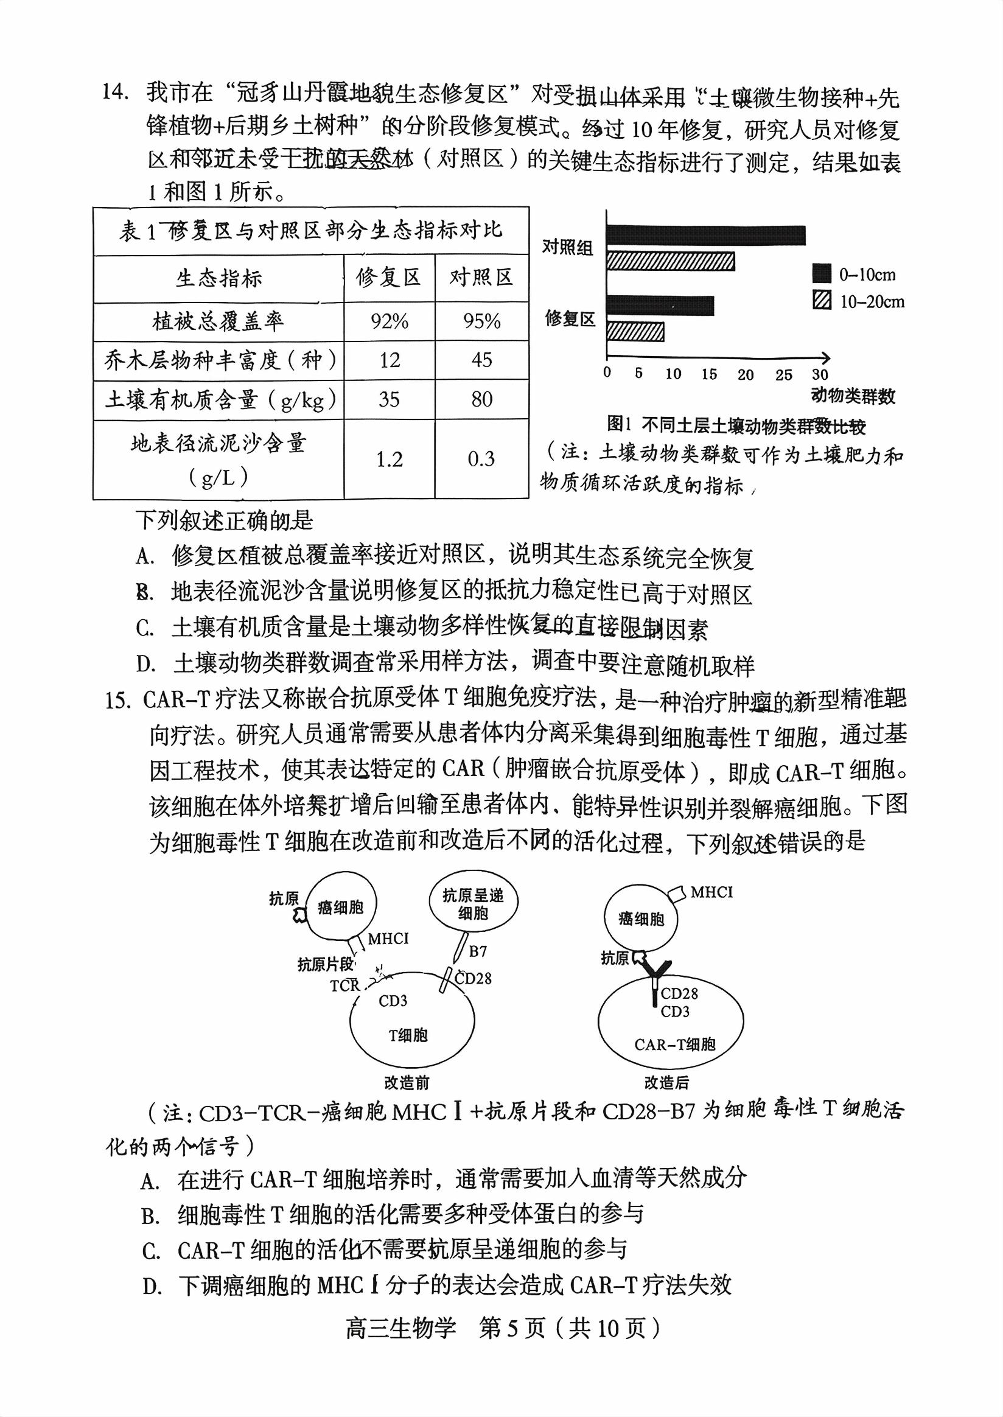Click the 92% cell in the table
[x=389, y=321]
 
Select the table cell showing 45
[x=481, y=360]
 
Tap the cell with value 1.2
[x=389, y=459]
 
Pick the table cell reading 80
[x=481, y=400]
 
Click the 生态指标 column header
[x=218, y=279]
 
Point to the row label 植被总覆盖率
[x=218, y=321]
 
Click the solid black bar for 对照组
[x=705, y=236]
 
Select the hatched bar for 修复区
[x=635, y=332]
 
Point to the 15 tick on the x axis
[x=708, y=374]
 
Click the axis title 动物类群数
[x=853, y=396]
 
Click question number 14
[x=116, y=92]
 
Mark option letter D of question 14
[x=145, y=665]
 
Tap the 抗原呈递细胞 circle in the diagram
[x=473, y=904]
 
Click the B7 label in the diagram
[x=478, y=952]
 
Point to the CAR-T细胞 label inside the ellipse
[x=674, y=1045]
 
